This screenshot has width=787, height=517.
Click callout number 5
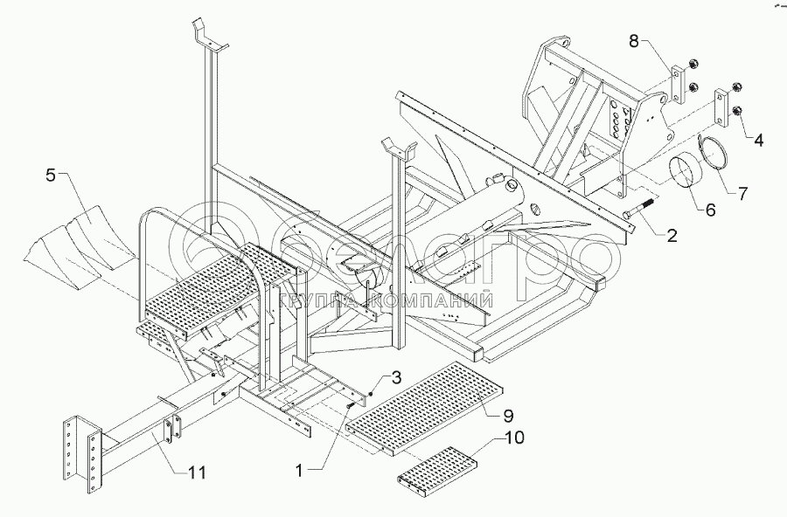click(x=51, y=176)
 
